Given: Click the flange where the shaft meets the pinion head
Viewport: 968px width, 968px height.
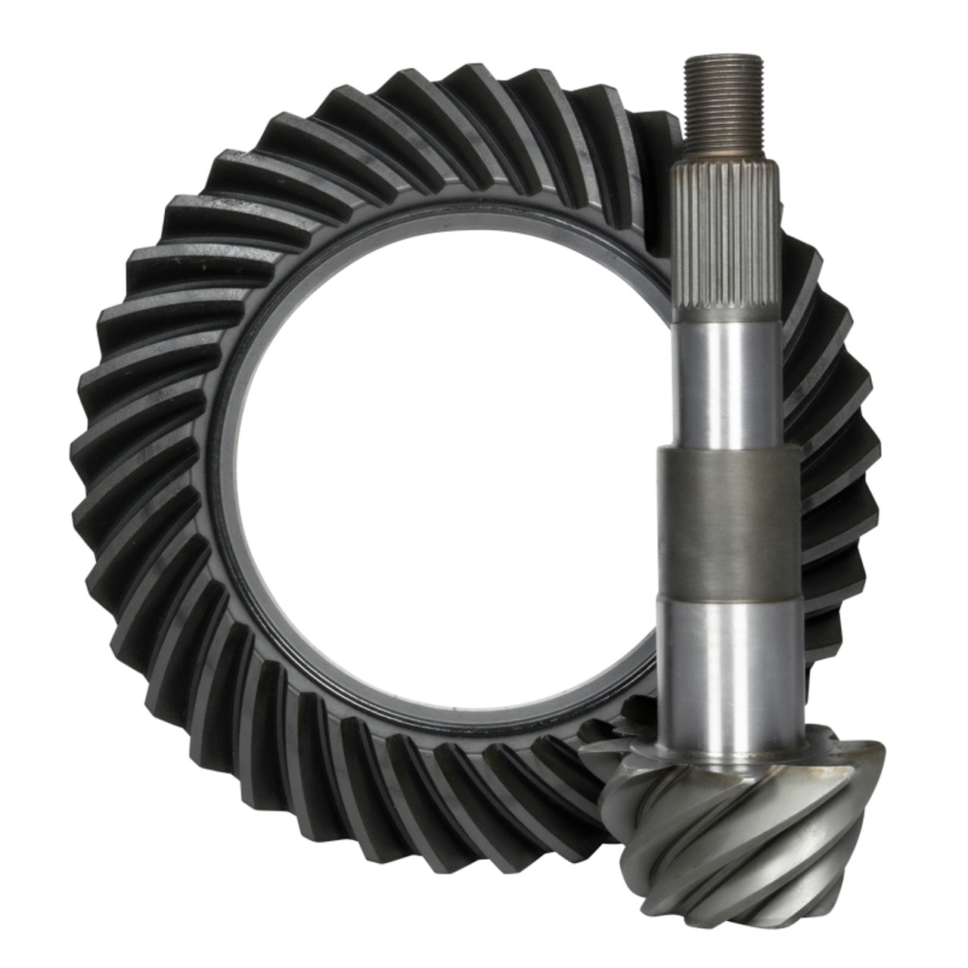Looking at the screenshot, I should (x=737, y=756).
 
